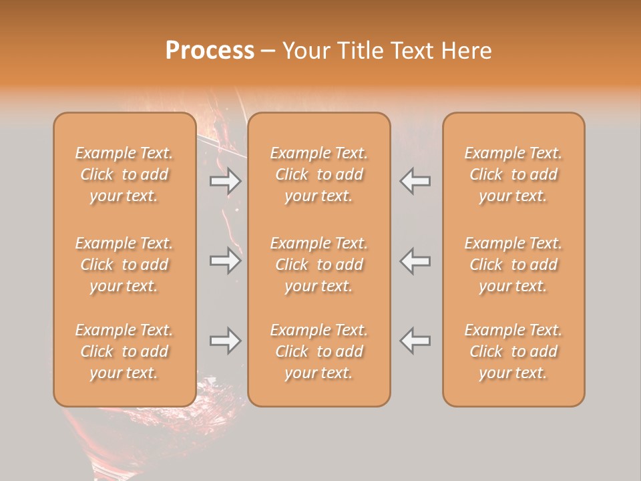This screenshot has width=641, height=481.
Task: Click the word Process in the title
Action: (210, 51)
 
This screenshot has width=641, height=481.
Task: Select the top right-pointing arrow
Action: (225, 181)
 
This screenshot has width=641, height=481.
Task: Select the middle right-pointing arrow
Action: (225, 261)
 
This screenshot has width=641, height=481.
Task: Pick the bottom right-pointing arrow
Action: (225, 341)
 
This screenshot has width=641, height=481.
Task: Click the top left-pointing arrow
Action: (415, 181)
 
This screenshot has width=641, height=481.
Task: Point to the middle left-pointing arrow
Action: (415, 261)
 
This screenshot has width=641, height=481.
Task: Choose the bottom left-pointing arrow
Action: (415, 341)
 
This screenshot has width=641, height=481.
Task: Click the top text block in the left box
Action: (124, 174)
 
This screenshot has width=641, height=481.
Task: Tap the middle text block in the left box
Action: (124, 265)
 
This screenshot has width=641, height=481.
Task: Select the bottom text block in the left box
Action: (124, 351)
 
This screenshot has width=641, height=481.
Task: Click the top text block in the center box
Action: (318, 174)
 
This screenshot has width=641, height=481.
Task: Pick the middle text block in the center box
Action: (318, 265)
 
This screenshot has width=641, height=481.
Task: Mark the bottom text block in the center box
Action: (318, 351)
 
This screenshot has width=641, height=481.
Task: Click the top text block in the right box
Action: (513, 174)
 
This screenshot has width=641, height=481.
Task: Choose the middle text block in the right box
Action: (513, 265)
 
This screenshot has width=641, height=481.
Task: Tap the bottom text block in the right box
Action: (513, 351)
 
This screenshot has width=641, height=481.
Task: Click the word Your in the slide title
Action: (304, 51)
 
